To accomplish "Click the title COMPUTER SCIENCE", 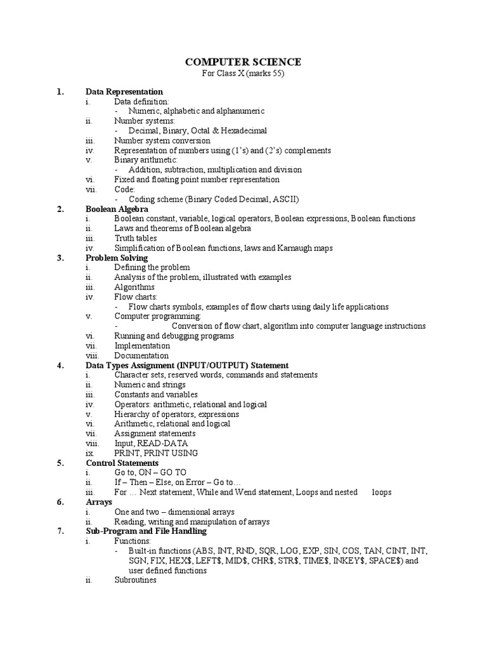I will (243, 62).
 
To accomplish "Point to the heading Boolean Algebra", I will (117, 209).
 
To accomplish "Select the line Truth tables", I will (136, 238).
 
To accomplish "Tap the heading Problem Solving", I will (117, 258).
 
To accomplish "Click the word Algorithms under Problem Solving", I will (134, 287).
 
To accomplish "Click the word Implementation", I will (142, 346).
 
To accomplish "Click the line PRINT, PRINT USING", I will (156, 453).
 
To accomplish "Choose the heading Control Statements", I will (122, 463).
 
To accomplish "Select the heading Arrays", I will (99, 502).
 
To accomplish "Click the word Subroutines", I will (135, 580).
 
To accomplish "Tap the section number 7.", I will (60, 531).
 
